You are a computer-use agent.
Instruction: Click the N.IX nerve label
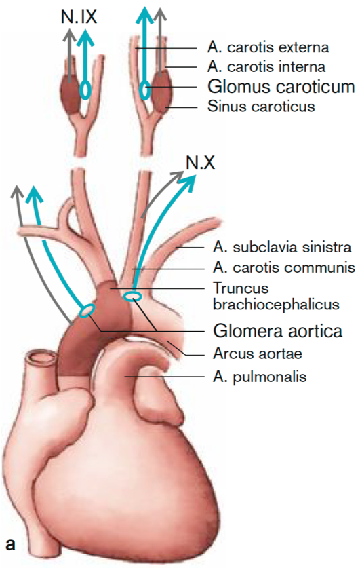tap(79, 16)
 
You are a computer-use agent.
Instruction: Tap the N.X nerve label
tap(200, 162)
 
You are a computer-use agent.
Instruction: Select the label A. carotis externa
tap(268, 47)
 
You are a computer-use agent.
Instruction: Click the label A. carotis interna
tap(266, 66)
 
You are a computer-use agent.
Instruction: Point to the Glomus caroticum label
tap(281, 87)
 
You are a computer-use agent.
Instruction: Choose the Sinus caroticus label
tap(261, 106)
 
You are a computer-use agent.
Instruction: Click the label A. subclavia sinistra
tap(282, 248)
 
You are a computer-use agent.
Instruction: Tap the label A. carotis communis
tap(284, 267)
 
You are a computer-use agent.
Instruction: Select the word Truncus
tap(241, 288)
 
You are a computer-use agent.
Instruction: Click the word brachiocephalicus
tap(276, 305)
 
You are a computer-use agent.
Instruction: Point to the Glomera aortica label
tap(278, 331)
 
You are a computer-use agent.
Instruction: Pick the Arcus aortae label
tap(258, 354)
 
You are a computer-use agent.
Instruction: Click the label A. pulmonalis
tap(260, 377)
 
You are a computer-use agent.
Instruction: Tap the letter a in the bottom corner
tap(11, 544)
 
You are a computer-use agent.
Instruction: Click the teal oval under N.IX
tap(85, 90)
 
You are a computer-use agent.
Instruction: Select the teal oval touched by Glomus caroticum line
tap(145, 90)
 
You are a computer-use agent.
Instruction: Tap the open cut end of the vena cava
tap(41, 358)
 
